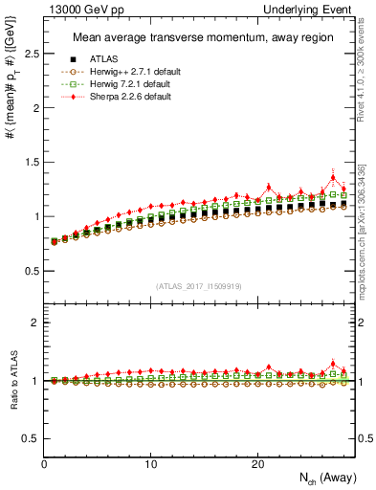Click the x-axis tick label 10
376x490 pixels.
151,464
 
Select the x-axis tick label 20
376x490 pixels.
257,464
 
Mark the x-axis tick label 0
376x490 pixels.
45,464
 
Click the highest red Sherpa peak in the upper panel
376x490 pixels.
333,177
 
